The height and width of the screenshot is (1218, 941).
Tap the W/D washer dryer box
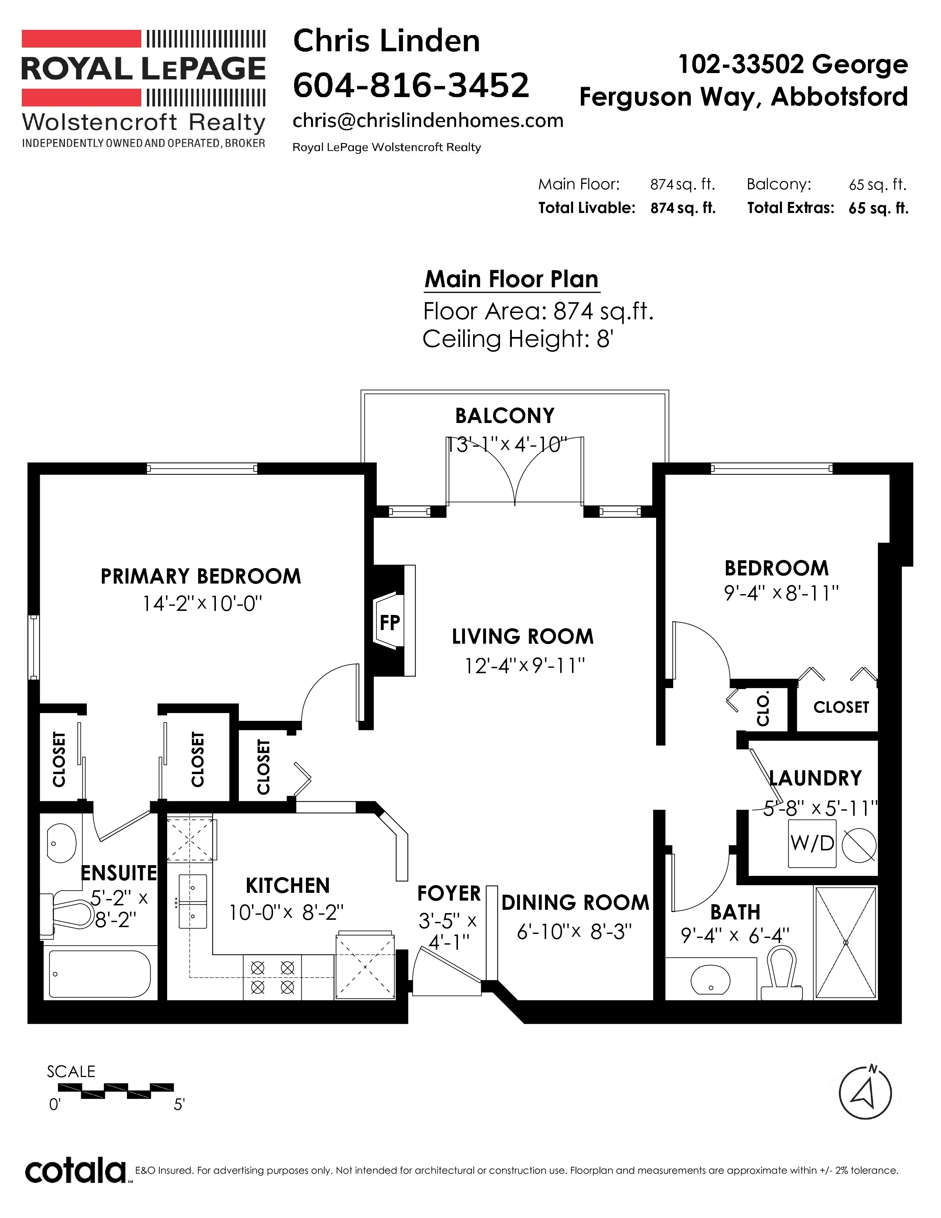point(812,843)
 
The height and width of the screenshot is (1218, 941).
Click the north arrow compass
point(865,1094)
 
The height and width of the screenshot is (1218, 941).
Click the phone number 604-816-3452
point(411,85)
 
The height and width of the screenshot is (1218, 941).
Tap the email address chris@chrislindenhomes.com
point(428,120)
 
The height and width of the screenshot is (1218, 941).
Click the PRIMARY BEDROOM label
point(201,576)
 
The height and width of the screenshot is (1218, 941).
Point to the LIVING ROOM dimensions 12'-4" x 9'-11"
point(525,665)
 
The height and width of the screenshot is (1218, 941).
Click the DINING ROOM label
point(575,902)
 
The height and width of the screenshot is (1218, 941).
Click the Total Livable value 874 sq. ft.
point(683,208)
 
